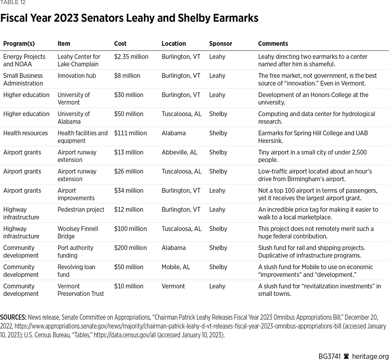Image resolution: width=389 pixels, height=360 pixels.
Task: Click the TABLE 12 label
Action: click(13, 3)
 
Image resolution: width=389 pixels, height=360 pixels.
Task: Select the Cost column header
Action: click(120, 44)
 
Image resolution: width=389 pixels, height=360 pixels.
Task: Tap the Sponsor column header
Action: click(220, 44)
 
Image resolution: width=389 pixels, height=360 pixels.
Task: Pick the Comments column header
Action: click(273, 44)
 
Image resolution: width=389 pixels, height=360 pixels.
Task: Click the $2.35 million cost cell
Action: click(131, 57)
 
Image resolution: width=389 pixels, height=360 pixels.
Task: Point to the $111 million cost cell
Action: click(130, 133)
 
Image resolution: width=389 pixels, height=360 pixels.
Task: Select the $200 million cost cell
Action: click(131, 248)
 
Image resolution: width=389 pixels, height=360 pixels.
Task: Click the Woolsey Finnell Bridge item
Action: click(78, 232)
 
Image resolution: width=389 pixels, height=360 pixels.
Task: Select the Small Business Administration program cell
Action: click(23, 79)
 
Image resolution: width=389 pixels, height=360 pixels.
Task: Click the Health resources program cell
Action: click(26, 133)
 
